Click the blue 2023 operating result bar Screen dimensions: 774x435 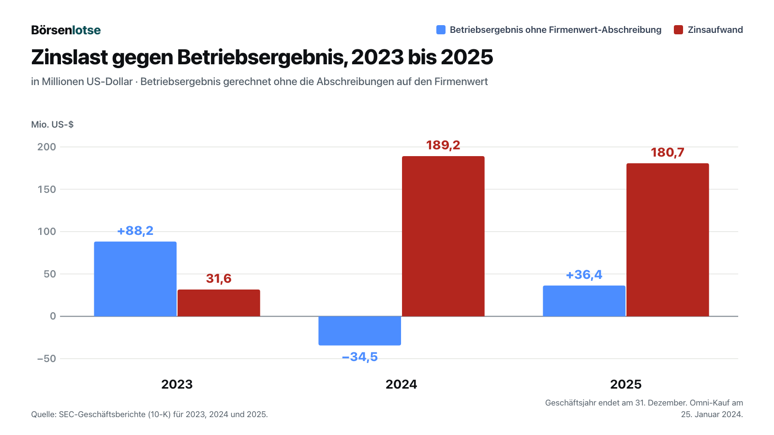pyautogui.click(x=135, y=279)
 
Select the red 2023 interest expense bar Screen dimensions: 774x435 pyautogui.click(x=219, y=303)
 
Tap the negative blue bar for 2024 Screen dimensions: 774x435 pyautogui.click(x=360, y=331)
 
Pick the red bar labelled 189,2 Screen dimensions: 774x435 pyautogui.click(x=443, y=236)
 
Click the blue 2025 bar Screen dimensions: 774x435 pyautogui.click(x=584, y=301)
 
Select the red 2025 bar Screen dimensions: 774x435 pyautogui.click(x=668, y=240)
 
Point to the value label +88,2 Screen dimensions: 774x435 pyautogui.click(x=135, y=231)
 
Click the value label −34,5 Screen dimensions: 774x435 pyautogui.click(x=360, y=357)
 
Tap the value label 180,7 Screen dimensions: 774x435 pyautogui.click(x=668, y=152)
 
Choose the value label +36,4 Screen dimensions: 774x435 pyautogui.click(x=584, y=275)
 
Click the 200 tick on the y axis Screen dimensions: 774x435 pyautogui.click(x=46, y=147)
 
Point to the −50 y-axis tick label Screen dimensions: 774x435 pyautogui.click(x=46, y=358)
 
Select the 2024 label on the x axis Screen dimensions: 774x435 pyautogui.click(x=401, y=384)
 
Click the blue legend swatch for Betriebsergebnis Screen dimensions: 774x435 pyautogui.click(x=441, y=29)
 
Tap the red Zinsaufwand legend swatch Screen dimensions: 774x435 pyautogui.click(x=678, y=29)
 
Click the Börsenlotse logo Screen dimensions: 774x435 pyautogui.click(x=66, y=30)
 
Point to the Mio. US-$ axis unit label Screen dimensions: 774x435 pyautogui.click(x=52, y=124)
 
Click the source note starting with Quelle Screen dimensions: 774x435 pyautogui.click(x=149, y=414)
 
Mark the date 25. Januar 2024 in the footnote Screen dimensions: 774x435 pyautogui.click(x=712, y=414)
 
